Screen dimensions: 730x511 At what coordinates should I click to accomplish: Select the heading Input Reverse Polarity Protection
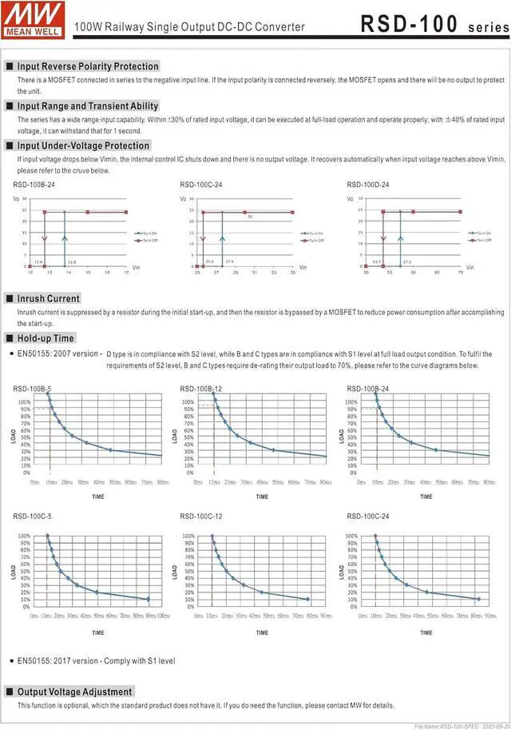[x=88, y=66]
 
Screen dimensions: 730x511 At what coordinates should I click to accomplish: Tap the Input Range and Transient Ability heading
[x=88, y=106]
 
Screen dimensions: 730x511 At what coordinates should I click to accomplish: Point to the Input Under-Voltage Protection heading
[x=83, y=146]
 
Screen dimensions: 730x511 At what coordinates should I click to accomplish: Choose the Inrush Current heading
[x=49, y=298]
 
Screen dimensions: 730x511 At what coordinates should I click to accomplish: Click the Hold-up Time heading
[x=46, y=338]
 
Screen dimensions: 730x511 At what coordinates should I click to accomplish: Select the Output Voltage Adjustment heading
[x=75, y=692]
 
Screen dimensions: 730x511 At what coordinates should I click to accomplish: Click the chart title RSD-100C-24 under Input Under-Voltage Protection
[x=201, y=185]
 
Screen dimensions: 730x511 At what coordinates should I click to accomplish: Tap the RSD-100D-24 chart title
[x=368, y=185]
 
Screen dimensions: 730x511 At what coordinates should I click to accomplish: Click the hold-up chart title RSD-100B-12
[x=201, y=389]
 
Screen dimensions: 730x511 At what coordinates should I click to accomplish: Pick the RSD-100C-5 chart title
[x=33, y=517]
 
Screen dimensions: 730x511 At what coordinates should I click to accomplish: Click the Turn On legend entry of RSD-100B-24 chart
[x=147, y=232]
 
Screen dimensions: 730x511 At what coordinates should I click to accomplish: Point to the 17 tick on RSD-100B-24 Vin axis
[x=126, y=273]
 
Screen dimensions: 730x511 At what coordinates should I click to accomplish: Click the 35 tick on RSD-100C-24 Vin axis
[x=293, y=273]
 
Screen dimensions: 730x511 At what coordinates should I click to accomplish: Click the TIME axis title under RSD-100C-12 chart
[x=262, y=632]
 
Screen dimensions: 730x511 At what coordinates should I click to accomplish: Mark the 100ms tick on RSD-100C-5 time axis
[x=163, y=616]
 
